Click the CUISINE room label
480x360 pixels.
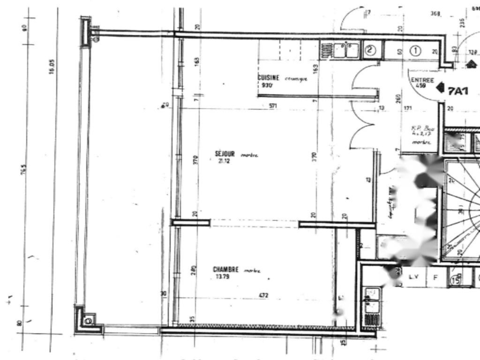[269, 77]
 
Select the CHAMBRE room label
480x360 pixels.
[226, 270]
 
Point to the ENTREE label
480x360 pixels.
[422, 80]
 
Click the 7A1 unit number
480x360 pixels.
[457, 91]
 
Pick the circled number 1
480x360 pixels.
[416, 51]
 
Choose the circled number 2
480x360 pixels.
[370, 50]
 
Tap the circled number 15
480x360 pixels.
[455, 280]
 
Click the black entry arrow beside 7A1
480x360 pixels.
[440, 87]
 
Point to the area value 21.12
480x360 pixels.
[222, 162]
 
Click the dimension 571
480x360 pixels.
[273, 106]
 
